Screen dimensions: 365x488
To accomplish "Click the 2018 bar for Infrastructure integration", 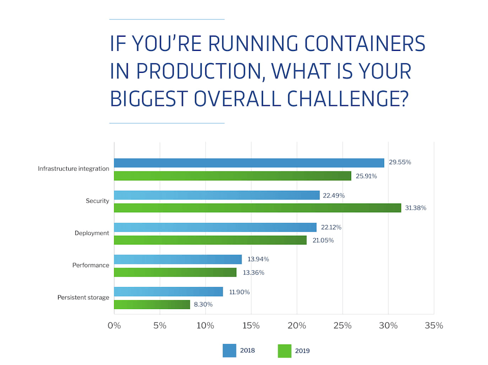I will (x=249, y=163).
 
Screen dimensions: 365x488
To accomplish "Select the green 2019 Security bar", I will (x=257, y=208).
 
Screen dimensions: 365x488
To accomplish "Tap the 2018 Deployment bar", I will (x=215, y=227).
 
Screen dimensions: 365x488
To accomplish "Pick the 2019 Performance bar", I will (x=175, y=272).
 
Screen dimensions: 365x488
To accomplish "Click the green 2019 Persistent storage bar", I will (x=152, y=304).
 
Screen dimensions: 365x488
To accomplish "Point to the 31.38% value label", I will (x=416, y=208).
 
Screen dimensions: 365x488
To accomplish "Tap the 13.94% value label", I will (x=257, y=259).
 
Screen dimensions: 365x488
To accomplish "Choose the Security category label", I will (x=97, y=201).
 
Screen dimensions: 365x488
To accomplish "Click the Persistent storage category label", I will (x=83, y=297).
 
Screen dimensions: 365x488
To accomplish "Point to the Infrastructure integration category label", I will (x=73, y=169).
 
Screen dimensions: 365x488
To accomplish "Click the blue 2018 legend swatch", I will (x=230, y=350).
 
